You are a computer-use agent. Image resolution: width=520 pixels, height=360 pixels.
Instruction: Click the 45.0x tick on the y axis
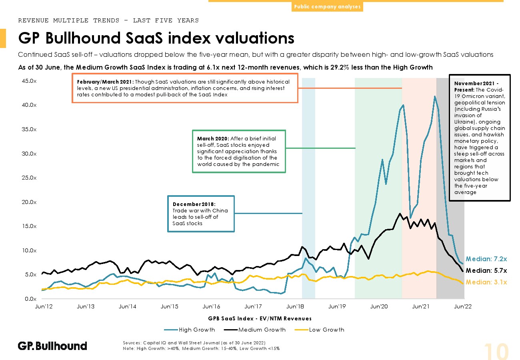coord(29,81)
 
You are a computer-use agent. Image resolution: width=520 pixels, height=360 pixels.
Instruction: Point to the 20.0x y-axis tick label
coord(29,202)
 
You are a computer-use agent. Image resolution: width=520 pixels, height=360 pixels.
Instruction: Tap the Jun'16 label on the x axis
coord(212,307)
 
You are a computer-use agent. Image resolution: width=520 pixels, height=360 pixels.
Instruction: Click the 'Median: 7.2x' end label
coord(486,259)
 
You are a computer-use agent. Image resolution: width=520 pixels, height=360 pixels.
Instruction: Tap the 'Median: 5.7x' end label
coord(486,270)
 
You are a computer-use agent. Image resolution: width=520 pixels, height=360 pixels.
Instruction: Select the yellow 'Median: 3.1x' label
coord(486,282)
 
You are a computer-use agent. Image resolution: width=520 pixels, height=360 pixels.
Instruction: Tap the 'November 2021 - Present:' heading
coord(479,86)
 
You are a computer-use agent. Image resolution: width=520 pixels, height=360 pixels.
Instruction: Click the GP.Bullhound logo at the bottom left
coord(52,346)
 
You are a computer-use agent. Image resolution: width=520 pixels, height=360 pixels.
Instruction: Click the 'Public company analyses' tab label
coord(327,7)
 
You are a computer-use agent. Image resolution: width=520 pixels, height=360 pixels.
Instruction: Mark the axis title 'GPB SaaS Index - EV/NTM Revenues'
coord(260,318)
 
